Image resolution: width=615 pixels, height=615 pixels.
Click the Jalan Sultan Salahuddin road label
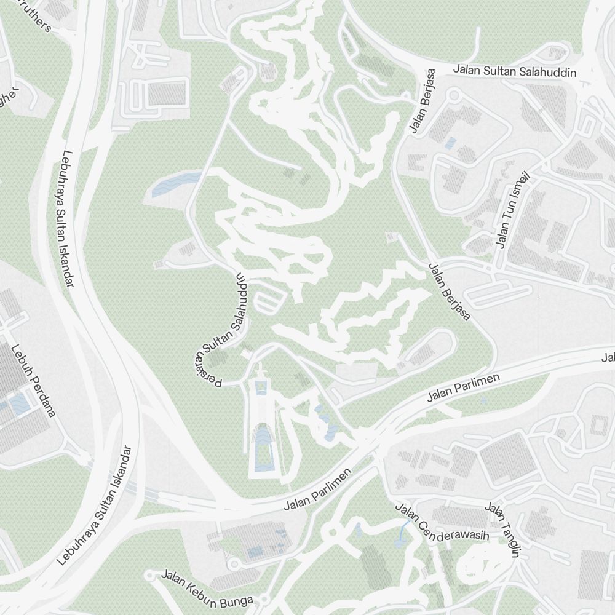coord(515,71)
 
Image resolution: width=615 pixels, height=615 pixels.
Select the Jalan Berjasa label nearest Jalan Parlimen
coord(450,292)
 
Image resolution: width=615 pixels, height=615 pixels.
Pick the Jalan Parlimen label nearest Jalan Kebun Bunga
coord(317,490)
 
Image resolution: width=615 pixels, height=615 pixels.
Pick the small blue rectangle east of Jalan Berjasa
coord(450,143)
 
